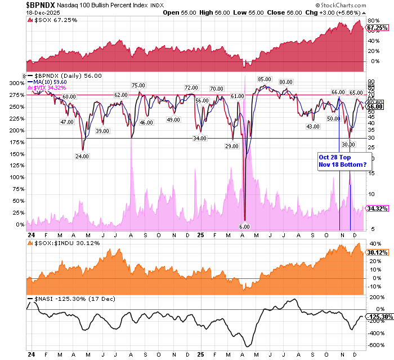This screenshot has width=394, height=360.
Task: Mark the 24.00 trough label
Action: (x=83, y=156)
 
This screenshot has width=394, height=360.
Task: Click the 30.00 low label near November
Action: (x=355, y=144)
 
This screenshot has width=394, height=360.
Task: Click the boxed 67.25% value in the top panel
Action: (x=375, y=27)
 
